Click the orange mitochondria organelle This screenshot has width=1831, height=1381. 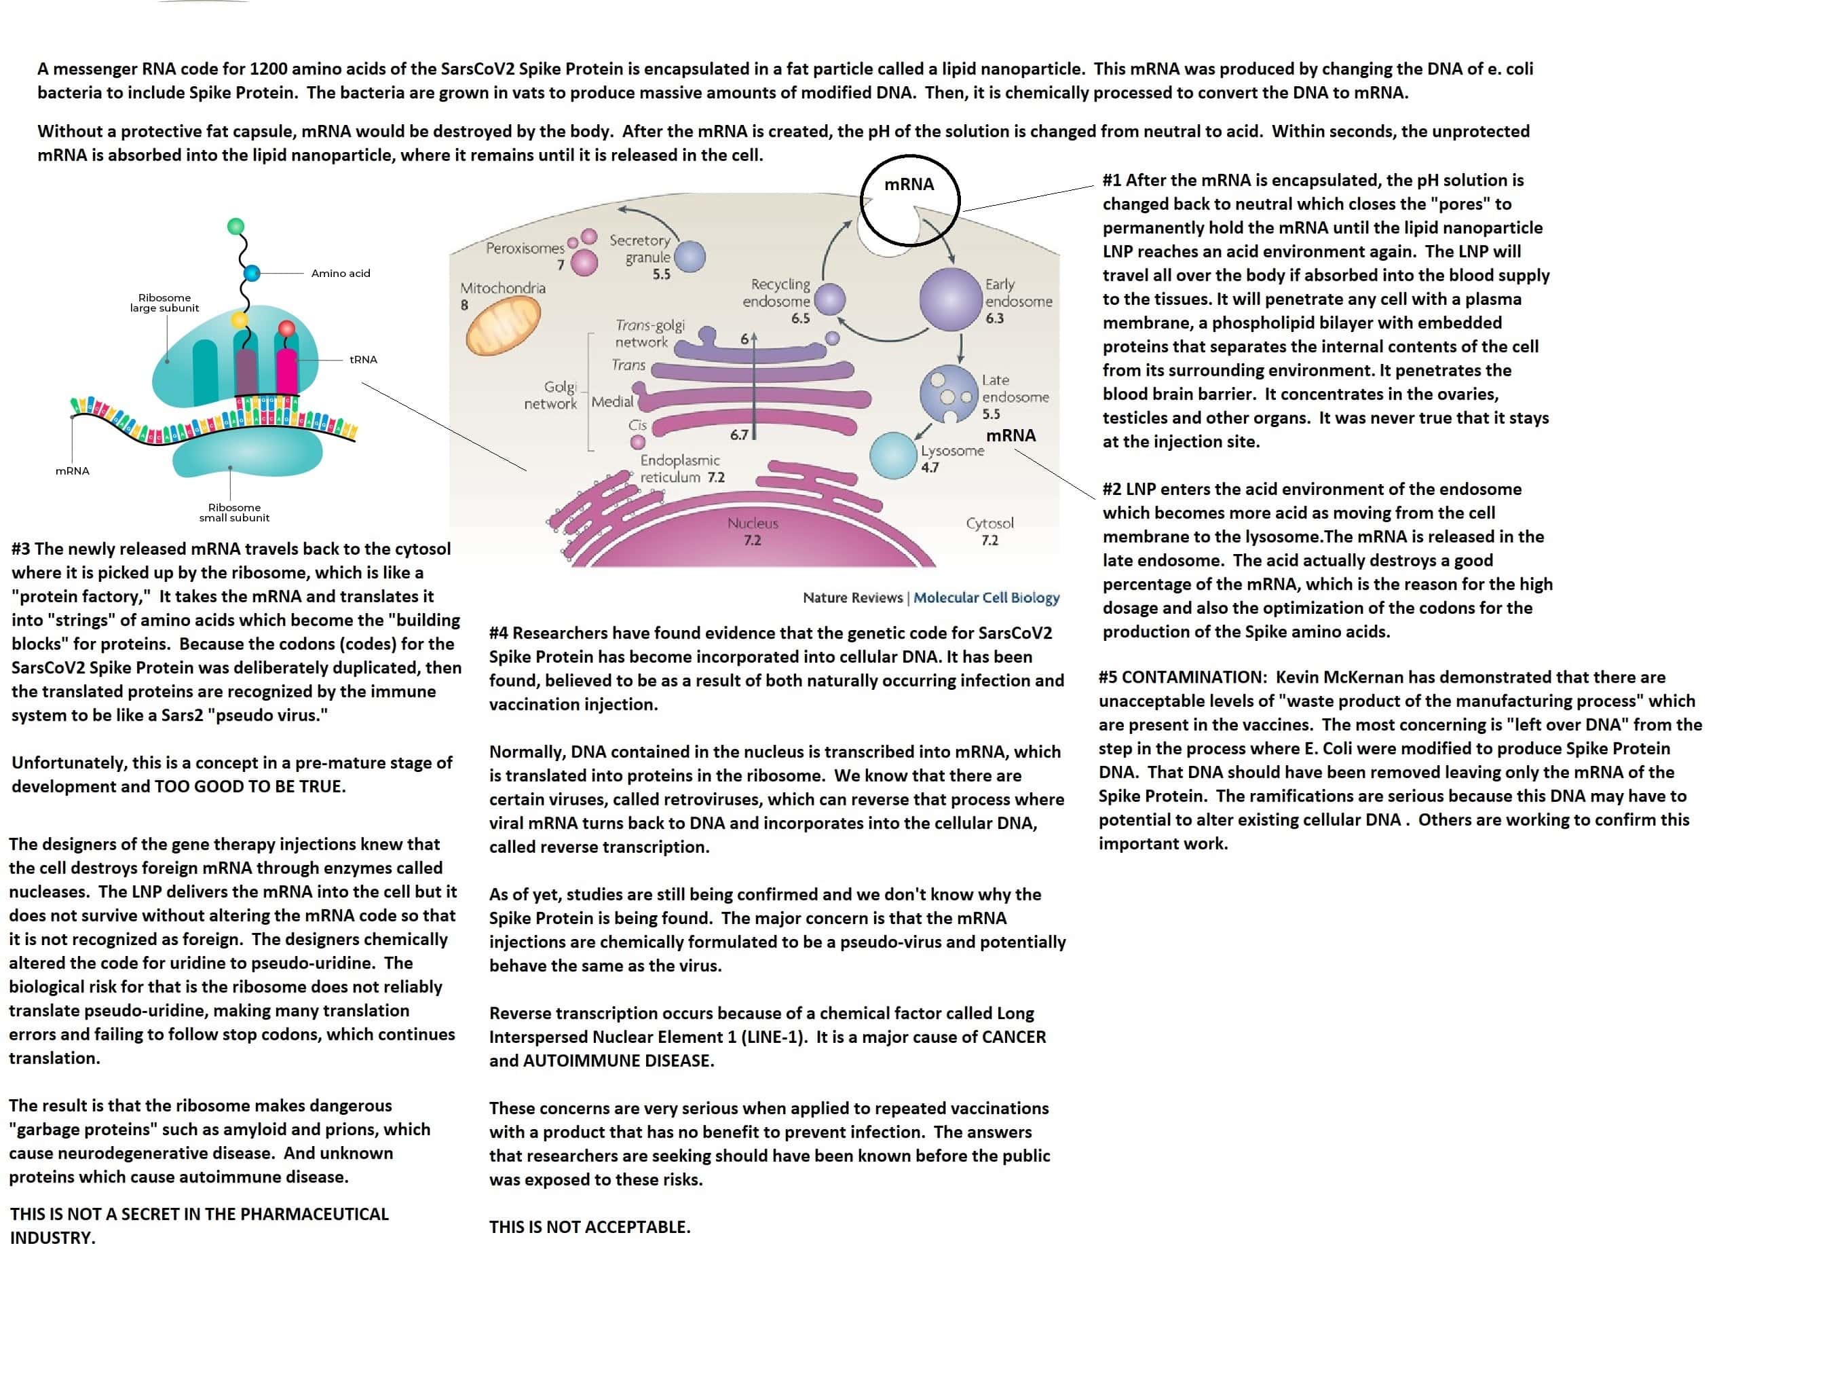pyautogui.click(x=504, y=325)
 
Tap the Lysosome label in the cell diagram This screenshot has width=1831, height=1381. pyautogui.click(x=952, y=450)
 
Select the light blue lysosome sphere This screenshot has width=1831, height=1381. pyautogui.click(x=893, y=456)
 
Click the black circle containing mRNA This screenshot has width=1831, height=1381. pyautogui.click(x=909, y=200)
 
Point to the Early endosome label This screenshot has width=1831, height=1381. pyautogui.click(x=1018, y=293)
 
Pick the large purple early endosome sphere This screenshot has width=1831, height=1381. pyautogui.click(x=950, y=299)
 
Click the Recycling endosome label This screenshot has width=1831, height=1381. pyautogui.click(x=776, y=293)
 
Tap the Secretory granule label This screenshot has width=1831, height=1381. pyautogui.click(x=640, y=248)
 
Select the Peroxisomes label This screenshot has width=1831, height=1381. pyautogui.click(x=525, y=248)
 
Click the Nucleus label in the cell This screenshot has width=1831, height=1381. pyautogui.click(x=753, y=523)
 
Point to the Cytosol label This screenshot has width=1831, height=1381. pyautogui.click(x=989, y=523)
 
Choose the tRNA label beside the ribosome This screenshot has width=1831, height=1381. pyautogui.click(x=363, y=359)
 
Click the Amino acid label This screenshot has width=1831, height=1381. pyautogui.click(x=340, y=273)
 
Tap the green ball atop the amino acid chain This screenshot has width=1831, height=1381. pyautogui.click(x=236, y=225)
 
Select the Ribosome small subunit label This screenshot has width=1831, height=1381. pyautogui.click(x=234, y=513)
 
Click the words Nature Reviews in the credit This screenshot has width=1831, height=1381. pyautogui.click(x=852, y=597)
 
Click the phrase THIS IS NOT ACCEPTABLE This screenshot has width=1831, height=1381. pyautogui.click(x=589, y=1226)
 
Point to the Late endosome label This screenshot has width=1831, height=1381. pyautogui.click(x=1015, y=388)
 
